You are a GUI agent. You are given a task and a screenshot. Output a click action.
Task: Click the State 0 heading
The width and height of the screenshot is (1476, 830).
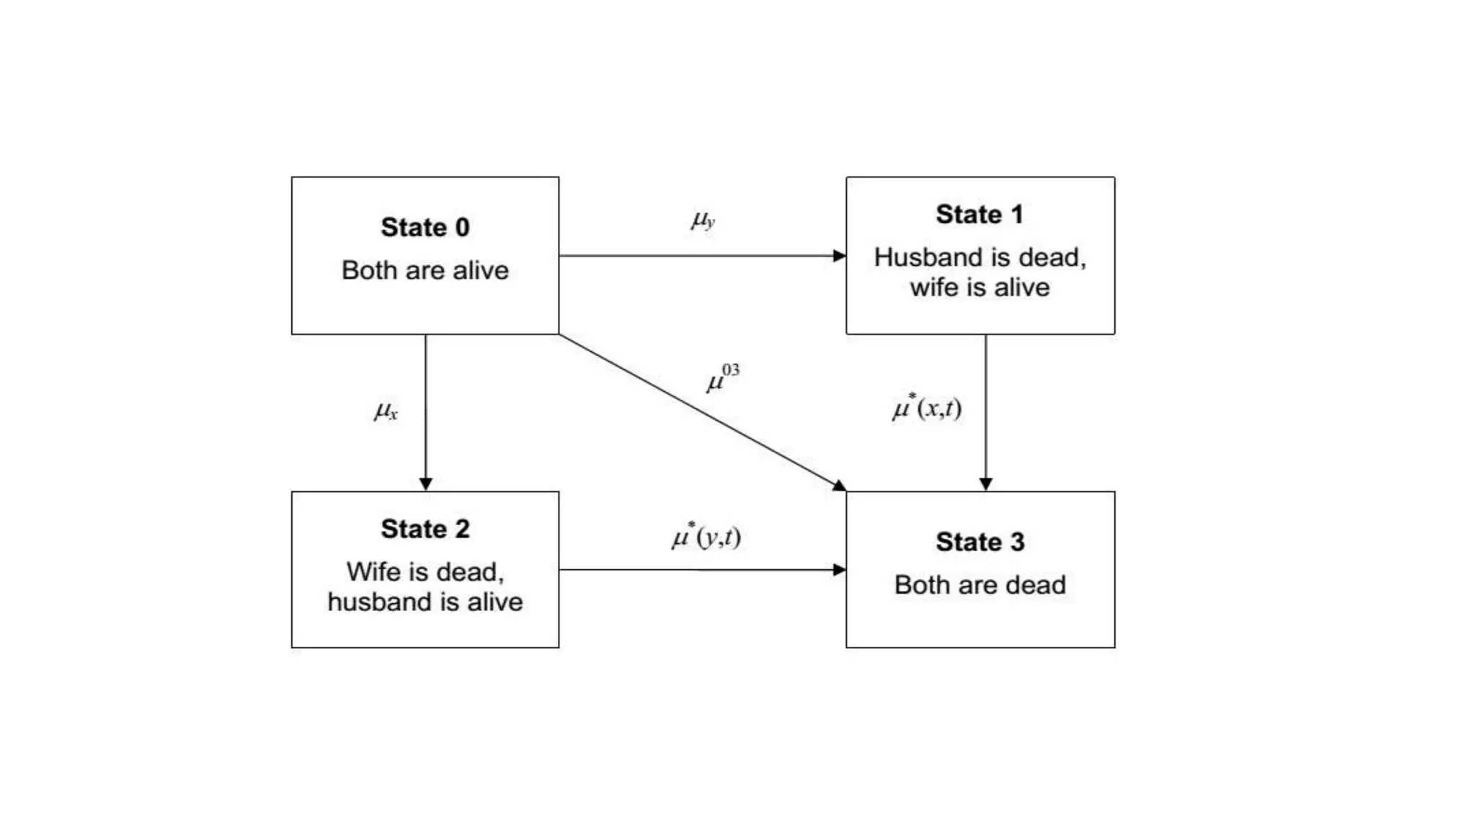425,228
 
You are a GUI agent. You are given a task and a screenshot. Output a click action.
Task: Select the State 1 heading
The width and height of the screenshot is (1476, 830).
979,215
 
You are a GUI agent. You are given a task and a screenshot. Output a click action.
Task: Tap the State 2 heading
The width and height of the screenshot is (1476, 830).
425,529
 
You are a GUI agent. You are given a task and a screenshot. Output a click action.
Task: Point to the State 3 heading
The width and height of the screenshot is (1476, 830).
980,542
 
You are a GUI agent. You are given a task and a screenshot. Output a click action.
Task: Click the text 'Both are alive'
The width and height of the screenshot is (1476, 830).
425,270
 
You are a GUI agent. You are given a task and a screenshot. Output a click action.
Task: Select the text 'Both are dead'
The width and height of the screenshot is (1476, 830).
980,584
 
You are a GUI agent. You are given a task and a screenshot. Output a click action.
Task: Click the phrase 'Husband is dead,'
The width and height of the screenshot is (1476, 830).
980,257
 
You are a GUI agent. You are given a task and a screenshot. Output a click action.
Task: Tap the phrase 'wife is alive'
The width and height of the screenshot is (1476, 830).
980,287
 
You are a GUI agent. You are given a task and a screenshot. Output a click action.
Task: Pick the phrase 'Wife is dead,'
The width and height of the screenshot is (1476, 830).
425,571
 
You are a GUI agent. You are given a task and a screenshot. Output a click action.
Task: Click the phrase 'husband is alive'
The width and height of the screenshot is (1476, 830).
425,602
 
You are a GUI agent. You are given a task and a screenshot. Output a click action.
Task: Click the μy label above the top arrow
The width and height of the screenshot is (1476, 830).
703,220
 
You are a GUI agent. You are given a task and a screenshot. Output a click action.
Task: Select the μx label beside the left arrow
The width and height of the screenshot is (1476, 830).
386,411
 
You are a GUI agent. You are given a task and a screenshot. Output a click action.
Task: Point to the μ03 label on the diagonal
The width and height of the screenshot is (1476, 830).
722,378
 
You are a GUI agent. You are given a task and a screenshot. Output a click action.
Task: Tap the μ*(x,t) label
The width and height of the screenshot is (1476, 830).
927,408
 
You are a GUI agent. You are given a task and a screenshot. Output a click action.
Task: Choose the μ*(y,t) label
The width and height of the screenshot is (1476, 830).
706,537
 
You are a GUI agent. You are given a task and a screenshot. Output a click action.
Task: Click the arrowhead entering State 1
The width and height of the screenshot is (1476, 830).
839,256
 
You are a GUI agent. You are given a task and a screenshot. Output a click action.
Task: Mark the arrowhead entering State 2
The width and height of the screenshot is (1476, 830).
426,483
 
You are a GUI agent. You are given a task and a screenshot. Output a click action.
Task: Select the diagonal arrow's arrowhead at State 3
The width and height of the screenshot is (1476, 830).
839,486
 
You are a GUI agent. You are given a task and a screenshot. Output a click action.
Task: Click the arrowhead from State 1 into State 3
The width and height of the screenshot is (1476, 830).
986,483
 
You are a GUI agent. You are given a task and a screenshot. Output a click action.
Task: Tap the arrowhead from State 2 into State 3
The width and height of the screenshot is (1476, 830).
839,570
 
